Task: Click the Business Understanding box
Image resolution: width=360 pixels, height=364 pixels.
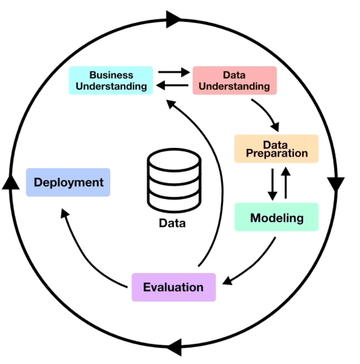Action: pyautogui.click(x=111, y=80)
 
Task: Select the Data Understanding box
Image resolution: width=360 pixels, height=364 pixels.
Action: pyautogui.click(x=234, y=80)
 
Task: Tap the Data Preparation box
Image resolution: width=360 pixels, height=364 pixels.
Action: pyautogui.click(x=276, y=148)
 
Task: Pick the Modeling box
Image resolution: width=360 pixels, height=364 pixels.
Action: pyautogui.click(x=276, y=217)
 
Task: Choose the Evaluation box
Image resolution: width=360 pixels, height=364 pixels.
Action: pyautogui.click(x=173, y=287)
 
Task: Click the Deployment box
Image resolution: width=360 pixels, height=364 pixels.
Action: pyautogui.click(x=68, y=182)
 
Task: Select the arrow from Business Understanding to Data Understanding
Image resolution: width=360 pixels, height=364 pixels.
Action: pyautogui.click(x=173, y=72)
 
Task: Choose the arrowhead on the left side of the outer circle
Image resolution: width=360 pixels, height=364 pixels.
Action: pyautogui.click(x=11, y=182)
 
